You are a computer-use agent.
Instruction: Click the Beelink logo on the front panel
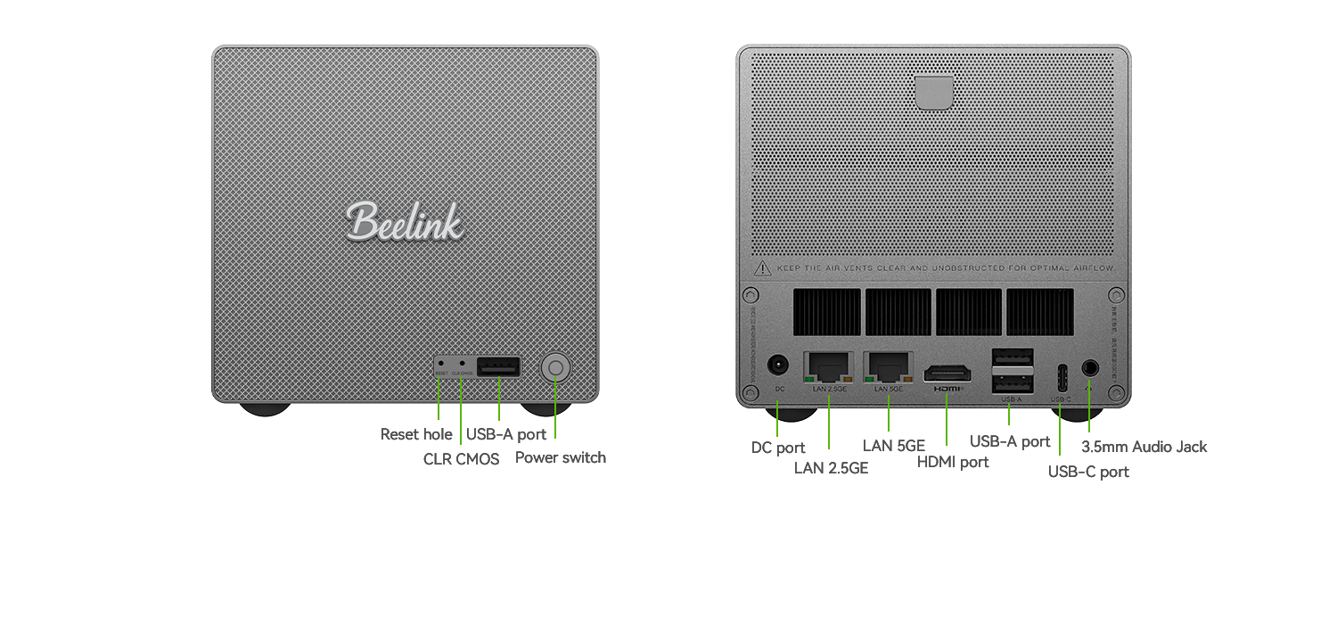coord(405,221)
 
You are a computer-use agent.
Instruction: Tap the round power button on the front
coord(555,367)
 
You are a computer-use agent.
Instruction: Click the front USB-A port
coord(498,366)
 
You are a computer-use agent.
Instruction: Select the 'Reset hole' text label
coord(416,434)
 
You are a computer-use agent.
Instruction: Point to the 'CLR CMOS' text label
coord(461,460)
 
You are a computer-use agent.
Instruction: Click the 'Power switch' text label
coord(561,457)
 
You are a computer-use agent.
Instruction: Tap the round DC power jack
coord(778,366)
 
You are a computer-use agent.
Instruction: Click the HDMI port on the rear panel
coord(947,374)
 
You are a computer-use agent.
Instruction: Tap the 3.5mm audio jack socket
coord(1090,366)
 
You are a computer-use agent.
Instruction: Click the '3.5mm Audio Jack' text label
coord(1144,447)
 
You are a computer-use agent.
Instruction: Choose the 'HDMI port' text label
coord(953,462)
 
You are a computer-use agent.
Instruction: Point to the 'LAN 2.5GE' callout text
coord(831,466)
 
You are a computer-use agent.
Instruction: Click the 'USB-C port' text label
coord(1088,472)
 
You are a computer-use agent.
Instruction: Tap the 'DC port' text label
coord(778,448)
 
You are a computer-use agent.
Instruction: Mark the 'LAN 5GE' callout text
coord(894,445)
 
